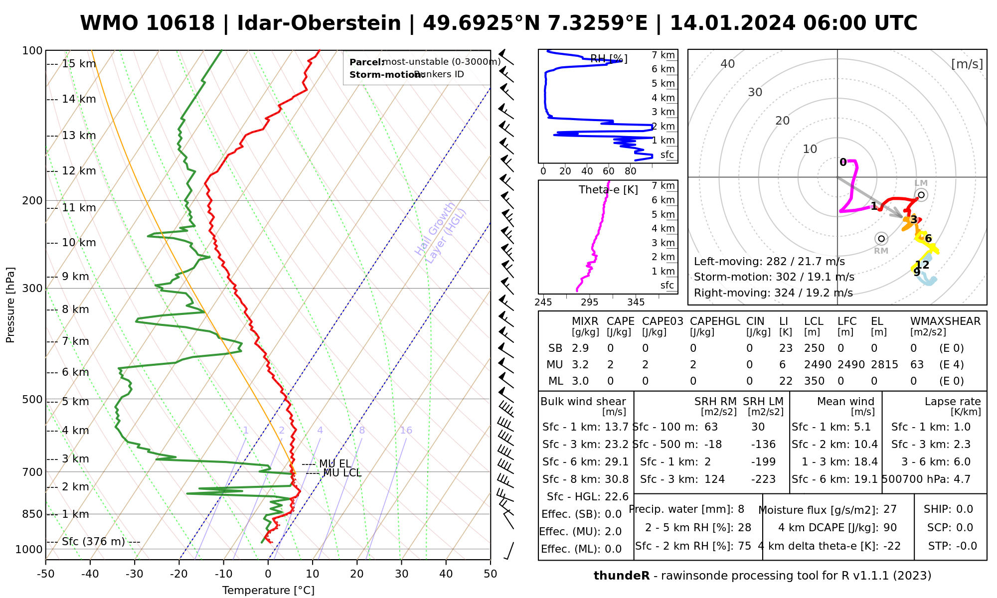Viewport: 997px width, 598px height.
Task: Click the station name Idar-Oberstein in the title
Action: pyautogui.click(x=319, y=23)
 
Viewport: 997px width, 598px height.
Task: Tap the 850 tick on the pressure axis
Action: pyautogui.click(x=33, y=514)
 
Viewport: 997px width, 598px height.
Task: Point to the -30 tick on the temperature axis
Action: pyautogui.click(x=135, y=574)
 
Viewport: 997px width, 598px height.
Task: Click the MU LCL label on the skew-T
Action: pyautogui.click(x=342, y=473)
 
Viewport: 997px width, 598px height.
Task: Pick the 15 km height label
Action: pyautogui.click(x=79, y=64)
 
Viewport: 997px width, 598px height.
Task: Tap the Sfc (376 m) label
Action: pyautogui.click(x=93, y=542)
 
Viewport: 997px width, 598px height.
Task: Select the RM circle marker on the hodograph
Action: pyautogui.click(x=881, y=239)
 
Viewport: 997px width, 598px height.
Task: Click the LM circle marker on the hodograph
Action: pyautogui.click(x=921, y=195)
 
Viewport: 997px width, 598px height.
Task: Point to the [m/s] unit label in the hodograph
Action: pyautogui.click(x=967, y=64)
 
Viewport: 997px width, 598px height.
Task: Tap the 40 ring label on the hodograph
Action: pyautogui.click(x=728, y=64)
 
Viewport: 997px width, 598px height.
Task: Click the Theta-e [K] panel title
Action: pyautogui.click(x=608, y=190)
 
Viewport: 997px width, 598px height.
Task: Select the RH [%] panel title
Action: pyautogui.click(x=609, y=59)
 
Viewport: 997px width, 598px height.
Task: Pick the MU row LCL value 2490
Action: pyautogui.click(x=818, y=365)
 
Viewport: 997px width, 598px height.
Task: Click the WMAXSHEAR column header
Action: pyautogui.click(x=945, y=321)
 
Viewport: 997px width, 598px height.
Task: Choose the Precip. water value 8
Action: pyautogui.click(x=741, y=509)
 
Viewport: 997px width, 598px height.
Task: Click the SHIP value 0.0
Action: pyautogui.click(x=964, y=509)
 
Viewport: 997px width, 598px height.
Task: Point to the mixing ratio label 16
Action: pyautogui.click(x=406, y=431)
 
